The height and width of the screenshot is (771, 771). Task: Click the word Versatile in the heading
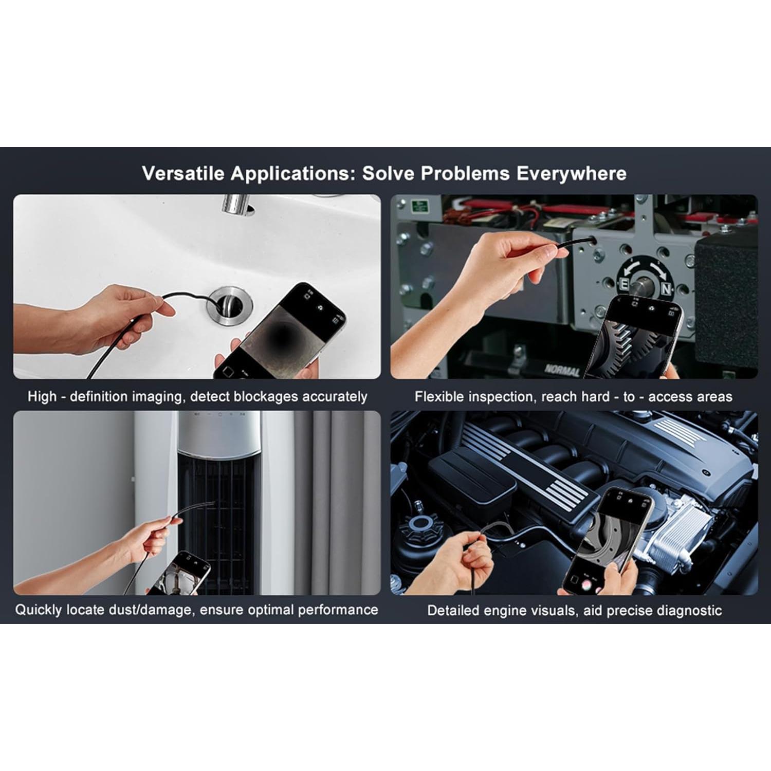click(183, 173)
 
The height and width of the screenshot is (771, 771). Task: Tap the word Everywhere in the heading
click(571, 174)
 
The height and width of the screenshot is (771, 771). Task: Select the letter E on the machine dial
click(623, 285)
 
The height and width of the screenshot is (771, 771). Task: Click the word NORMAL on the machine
click(562, 370)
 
